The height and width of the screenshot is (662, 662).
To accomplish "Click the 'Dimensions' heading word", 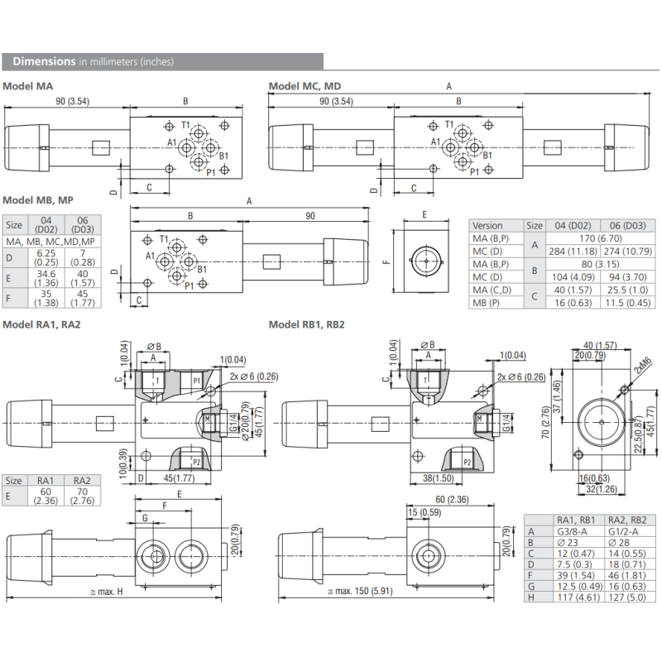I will click(44, 61).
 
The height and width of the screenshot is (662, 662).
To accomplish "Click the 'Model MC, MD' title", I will click(305, 86).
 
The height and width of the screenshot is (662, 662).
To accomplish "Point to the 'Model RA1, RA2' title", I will click(41, 324).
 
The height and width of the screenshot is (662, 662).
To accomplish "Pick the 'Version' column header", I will click(487, 225).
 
